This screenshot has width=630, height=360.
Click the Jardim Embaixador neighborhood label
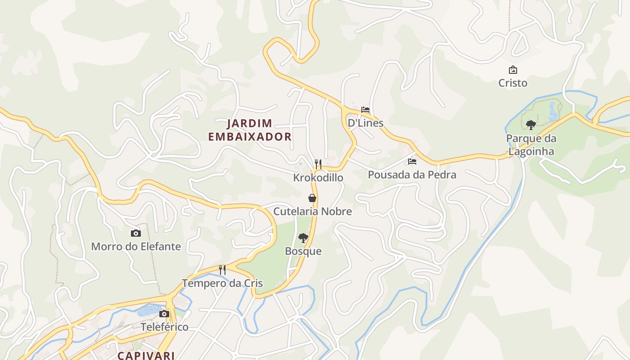pos(250,130)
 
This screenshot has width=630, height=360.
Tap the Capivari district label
pos(146,355)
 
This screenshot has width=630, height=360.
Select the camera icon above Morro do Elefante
pos(135,233)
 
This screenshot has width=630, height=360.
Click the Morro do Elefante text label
pos(136,247)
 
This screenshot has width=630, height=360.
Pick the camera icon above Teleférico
pos(164,314)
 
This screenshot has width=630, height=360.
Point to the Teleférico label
pos(165,327)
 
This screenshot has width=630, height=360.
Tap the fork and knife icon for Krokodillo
pos(318,164)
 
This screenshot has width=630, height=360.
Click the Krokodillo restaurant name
pos(318,178)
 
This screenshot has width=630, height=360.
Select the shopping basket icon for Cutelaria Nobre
pos(312,198)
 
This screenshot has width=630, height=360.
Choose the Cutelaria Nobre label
pos(313,211)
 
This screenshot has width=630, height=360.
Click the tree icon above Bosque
pos(303,238)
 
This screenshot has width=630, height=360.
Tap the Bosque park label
pos(303,251)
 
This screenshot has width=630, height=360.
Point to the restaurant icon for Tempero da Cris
pos(222,270)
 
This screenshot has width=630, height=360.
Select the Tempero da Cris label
pos(222,283)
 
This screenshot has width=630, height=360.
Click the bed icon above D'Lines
pos(365,109)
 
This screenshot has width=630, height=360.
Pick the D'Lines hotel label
pos(365,123)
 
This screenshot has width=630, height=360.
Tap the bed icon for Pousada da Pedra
pos(412,161)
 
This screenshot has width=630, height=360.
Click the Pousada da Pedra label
pos(412,175)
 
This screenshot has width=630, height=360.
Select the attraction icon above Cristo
pos(513,70)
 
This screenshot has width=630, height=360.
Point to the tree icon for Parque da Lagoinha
pos(531,125)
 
